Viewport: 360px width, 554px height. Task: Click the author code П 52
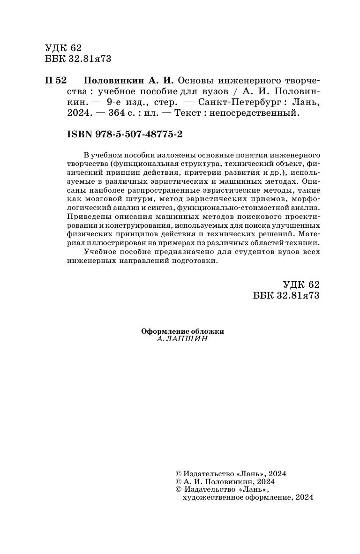click(x=56, y=80)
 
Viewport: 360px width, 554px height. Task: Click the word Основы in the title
click(x=196, y=80)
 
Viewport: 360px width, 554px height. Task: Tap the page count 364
click(x=130, y=112)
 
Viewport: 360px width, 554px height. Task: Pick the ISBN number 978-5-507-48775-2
click(x=138, y=134)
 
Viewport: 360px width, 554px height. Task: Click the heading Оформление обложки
click(x=183, y=331)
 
